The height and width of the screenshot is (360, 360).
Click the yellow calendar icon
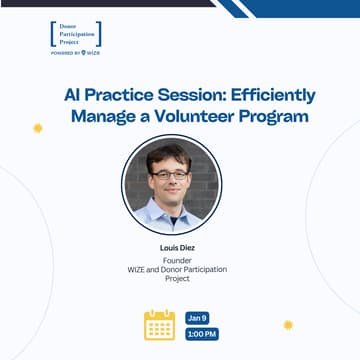point(159,325)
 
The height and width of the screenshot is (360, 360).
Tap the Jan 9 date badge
point(198,317)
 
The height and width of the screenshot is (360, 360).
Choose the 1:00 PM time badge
point(201,334)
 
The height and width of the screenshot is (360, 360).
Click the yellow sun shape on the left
point(38,128)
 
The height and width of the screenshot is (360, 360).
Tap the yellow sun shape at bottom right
point(288,324)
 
